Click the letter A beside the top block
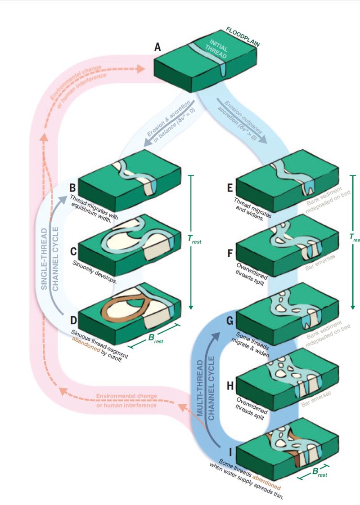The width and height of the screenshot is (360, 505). [158, 46]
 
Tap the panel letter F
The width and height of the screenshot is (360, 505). [230, 253]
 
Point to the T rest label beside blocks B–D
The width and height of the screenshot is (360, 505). [194, 241]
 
